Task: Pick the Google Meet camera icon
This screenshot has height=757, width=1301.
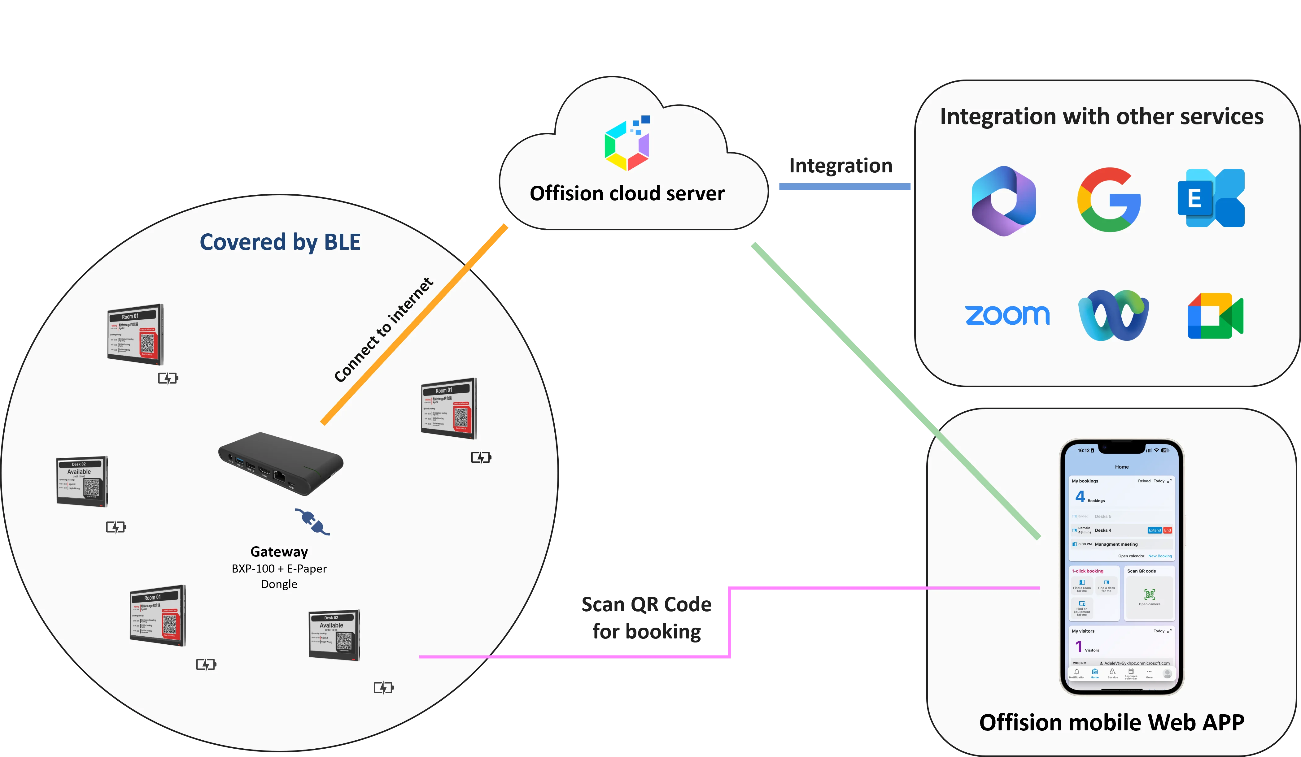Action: tap(1215, 316)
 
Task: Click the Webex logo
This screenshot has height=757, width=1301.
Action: tap(1114, 315)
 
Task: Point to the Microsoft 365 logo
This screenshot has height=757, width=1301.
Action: tap(1004, 201)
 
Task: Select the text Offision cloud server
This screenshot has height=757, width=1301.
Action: tap(627, 193)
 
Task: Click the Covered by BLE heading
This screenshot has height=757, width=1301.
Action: tap(280, 242)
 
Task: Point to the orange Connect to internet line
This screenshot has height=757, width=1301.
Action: tap(413, 325)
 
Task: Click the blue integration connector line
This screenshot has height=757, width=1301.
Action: tap(844, 187)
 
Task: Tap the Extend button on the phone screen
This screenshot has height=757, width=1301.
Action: tap(1155, 530)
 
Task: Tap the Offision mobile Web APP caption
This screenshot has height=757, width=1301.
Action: tap(1111, 722)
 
